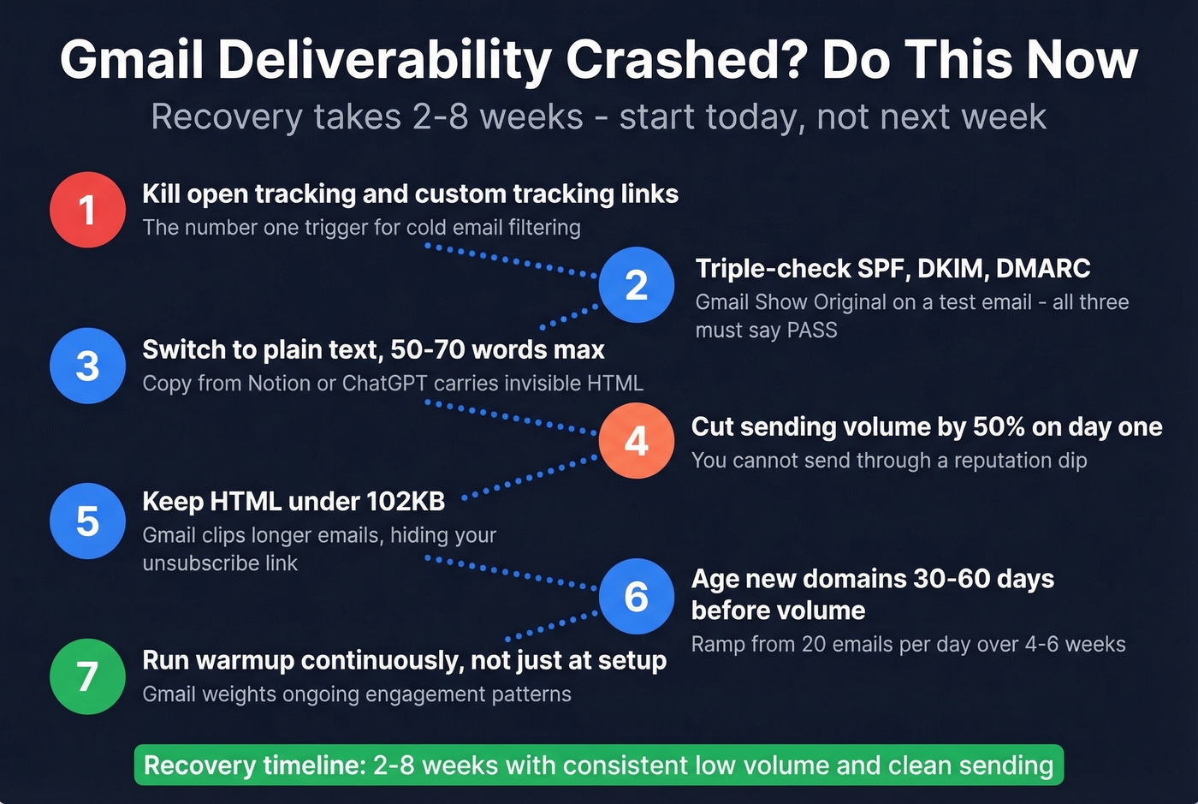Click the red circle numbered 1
87,210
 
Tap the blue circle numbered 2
636,285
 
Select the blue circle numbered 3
87,366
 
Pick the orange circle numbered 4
636,441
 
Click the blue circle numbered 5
87,521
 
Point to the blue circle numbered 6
636,597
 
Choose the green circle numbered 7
87,676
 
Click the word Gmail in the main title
132,60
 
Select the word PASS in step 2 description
812,331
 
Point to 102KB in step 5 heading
405,501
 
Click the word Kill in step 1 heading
161,194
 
